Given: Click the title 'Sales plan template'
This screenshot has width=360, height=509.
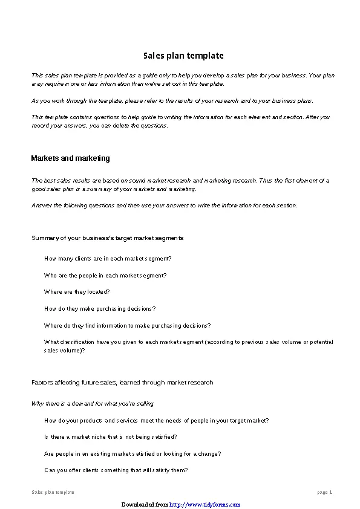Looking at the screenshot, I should [183, 56].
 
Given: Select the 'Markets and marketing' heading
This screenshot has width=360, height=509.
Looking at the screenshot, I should [70, 158].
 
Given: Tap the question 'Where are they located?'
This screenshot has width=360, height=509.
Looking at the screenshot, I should [77, 292].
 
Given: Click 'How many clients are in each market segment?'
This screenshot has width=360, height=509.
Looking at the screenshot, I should [108, 258].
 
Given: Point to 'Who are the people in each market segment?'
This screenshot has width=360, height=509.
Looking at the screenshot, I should [105, 275].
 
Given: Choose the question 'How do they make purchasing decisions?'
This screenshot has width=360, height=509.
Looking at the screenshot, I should [100, 309].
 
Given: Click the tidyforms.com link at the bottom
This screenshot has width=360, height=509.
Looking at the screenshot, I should [205, 504].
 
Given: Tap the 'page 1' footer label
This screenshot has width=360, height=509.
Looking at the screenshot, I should [325, 492].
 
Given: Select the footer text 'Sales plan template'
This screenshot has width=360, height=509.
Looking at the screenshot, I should [53, 492].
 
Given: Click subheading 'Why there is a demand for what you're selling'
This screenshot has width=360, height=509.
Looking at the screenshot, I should [93, 403].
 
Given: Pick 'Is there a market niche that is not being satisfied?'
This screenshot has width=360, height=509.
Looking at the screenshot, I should [110, 436].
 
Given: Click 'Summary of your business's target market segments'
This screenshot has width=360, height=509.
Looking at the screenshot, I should [107, 238].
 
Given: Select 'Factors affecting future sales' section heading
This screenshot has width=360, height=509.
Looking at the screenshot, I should [122, 383].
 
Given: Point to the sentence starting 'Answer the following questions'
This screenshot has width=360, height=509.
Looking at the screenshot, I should [164, 206].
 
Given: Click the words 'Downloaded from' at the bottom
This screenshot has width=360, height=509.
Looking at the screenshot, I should [145, 504].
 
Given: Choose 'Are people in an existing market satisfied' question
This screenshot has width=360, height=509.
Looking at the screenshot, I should [132, 453].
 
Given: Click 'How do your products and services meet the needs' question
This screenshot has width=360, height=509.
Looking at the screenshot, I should [156, 420].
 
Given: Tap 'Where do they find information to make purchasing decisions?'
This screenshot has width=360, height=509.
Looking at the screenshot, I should [127, 325].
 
